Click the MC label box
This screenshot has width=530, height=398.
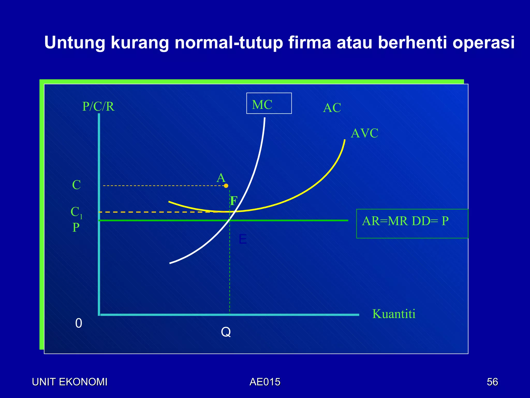tap(269, 103)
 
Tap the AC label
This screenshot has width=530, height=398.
tap(332, 108)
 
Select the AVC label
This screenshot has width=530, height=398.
tap(364, 133)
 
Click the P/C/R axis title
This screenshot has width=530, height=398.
tap(98, 106)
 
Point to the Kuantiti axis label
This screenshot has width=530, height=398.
tap(394, 314)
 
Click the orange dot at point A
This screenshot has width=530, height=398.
tap(226, 186)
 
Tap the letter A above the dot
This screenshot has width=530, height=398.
tap(221, 178)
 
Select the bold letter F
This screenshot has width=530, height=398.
tap(234, 201)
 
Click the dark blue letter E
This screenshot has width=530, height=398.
tap(242, 239)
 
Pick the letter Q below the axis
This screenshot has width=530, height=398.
tap(226, 332)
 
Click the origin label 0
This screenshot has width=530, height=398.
tap(79, 323)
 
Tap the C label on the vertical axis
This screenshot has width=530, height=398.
tap(76, 185)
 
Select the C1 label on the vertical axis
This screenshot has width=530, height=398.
tap(76, 212)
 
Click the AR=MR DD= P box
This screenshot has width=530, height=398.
tap(412, 223)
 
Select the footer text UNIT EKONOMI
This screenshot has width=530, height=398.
tap(70, 382)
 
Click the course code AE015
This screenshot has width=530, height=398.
tap(265, 382)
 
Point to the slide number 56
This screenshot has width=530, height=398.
tap(492, 382)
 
